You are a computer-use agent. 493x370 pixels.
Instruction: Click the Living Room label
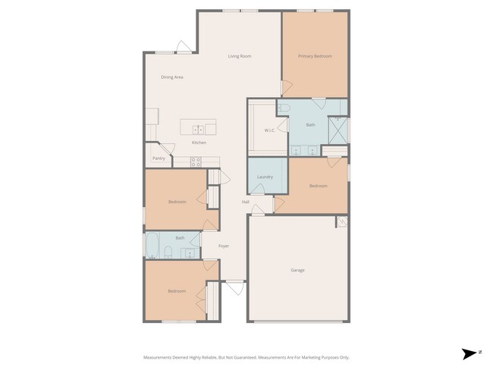(x=240, y=56)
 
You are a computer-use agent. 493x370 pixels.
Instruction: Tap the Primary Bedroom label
(x=314, y=56)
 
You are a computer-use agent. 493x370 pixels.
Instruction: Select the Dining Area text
(x=171, y=77)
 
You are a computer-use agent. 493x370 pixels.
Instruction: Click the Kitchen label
(x=199, y=143)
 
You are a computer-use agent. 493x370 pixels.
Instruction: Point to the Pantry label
(x=159, y=158)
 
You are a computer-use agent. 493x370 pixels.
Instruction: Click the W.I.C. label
(x=269, y=130)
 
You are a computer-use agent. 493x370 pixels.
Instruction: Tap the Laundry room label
(x=265, y=177)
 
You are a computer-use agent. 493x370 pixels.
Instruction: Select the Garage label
(x=298, y=270)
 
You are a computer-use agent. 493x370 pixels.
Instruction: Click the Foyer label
(x=224, y=246)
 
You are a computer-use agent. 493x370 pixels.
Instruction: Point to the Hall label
(x=245, y=202)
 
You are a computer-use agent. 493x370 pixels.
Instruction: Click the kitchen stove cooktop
(x=195, y=161)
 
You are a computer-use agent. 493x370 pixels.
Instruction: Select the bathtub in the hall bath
(x=151, y=245)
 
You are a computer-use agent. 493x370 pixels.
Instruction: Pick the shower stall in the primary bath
(x=339, y=130)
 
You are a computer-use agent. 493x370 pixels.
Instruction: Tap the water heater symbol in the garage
(x=341, y=222)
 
